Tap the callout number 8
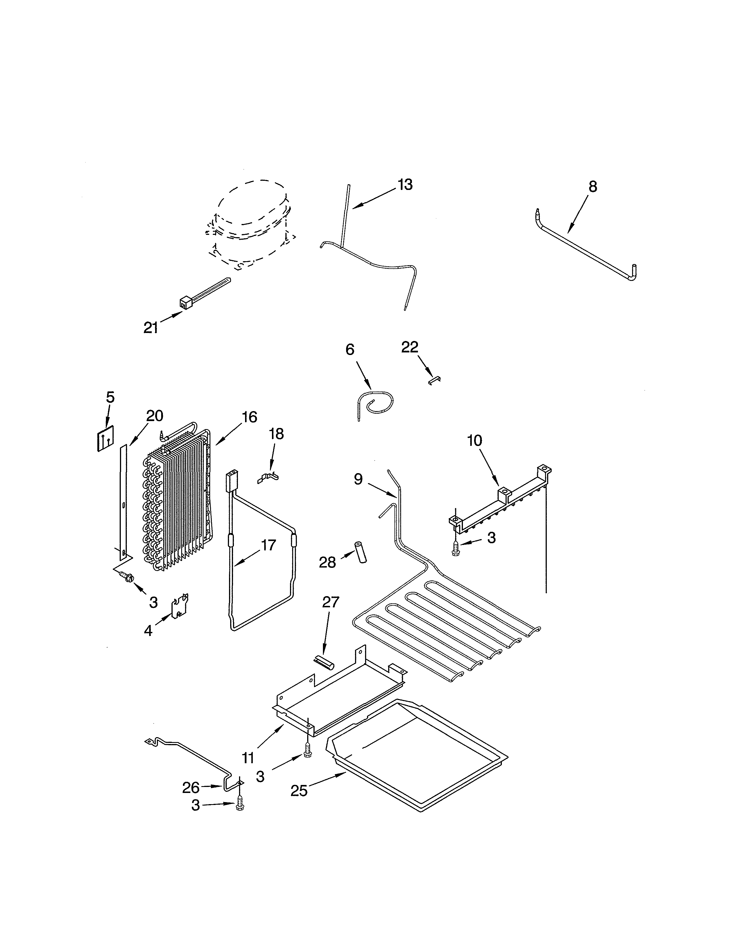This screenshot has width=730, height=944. [593, 187]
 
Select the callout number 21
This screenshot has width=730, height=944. [151, 328]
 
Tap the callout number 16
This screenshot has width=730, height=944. [250, 417]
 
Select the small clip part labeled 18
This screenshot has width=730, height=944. [268, 478]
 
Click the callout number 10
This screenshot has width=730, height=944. [474, 441]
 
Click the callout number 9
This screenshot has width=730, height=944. [358, 479]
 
